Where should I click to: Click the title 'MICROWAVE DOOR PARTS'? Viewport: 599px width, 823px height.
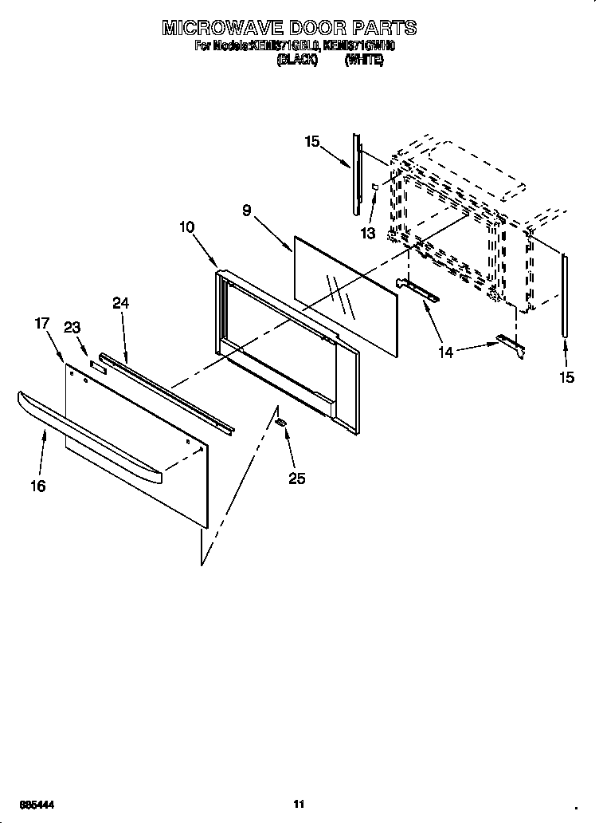[x=289, y=29]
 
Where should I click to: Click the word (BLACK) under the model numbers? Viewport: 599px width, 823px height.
[x=296, y=61]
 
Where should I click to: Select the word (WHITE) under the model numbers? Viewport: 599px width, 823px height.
[x=364, y=61]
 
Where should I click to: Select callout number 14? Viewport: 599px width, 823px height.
[x=447, y=352]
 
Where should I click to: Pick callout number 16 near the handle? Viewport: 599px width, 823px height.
[x=38, y=486]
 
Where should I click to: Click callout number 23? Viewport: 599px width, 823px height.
[x=72, y=327]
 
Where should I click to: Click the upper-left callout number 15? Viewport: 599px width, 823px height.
[x=312, y=142]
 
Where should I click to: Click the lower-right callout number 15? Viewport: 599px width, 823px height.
[x=566, y=377]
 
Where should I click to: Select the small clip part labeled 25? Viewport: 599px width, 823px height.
[x=280, y=421]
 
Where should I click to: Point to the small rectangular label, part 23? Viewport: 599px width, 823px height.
[x=97, y=366]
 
